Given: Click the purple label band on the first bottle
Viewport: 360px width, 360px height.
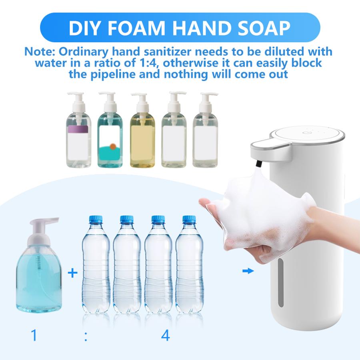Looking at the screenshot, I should tap(78, 129).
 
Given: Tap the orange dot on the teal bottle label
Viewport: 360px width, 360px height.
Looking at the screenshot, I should tap(113, 147).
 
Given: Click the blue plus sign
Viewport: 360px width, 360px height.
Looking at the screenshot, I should tap(72, 274).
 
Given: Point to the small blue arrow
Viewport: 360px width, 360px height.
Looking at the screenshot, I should tap(248, 271).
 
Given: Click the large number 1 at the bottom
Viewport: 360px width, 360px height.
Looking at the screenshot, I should tap(34, 335).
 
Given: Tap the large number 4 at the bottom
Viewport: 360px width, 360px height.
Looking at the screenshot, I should tap(165, 335).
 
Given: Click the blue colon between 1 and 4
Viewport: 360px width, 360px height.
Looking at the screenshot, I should tap(86, 336).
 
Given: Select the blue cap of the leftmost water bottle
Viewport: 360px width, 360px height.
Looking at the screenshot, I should tap(96, 220).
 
